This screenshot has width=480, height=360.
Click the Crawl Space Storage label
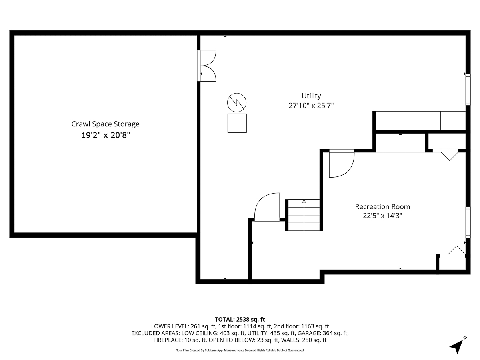pyautogui.click(x=105, y=124)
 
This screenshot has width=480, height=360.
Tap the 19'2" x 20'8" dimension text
pyautogui.click(x=106, y=135)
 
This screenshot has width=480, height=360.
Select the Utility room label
pyautogui.click(x=311, y=96)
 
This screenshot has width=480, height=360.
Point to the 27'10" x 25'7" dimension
pyautogui.click(x=311, y=106)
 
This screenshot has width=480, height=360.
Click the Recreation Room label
pyautogui.click(x=382, y=206)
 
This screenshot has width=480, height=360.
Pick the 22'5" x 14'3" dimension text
pyautogui.click(x=382, y=216)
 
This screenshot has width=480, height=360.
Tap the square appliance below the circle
pyautogui.click(x=237, y=123)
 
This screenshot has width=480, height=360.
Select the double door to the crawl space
pyautogui.click(x=206, y=66)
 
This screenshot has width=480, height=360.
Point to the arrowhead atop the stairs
pyautogui.click(x=304, y=201)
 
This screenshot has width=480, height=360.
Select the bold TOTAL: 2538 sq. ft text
pyautogui.click(x=240, y=320)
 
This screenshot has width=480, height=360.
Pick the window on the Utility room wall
pyautogui.click(x=468, y=90)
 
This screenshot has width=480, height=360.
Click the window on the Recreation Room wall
pyautogui.click(x=468, y=222)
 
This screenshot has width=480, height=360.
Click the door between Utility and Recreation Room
pyautogui.click(x=342, y=163)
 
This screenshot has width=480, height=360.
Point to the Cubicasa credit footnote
pyautogui.click(x=240, y=350)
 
